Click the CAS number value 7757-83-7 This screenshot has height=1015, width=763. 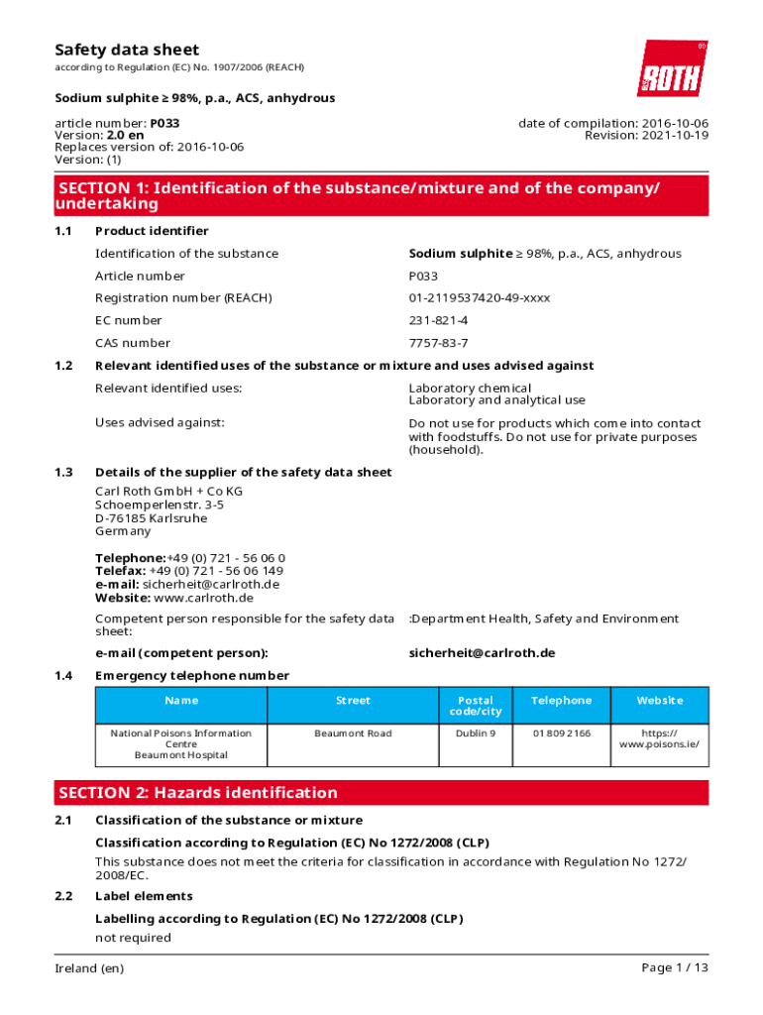tap(438, 343)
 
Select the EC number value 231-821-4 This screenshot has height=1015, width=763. tap(438, 320)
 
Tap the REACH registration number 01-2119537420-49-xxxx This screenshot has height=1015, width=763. tap(480, 298)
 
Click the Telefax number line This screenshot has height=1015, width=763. tap(189, 571)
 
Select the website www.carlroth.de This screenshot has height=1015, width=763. tap(203, 598)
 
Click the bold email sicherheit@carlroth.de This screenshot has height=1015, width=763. tap(482, 653)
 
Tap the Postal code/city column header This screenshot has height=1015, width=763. tap(476, 706)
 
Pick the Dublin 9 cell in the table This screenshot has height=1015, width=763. tap(476, 733)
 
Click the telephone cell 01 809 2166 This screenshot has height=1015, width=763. tap(561, 733)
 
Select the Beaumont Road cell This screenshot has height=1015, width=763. tap(353, 733)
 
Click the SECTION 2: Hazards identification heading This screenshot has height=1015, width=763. tap(198, 793)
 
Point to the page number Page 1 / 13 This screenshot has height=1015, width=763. tap(675, 968)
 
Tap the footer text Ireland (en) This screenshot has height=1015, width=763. tap(89, 968)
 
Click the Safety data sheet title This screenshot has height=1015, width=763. tap(127, 50)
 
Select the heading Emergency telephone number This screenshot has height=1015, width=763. tap(192, 676)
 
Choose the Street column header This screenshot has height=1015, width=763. tap(353, 701)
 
